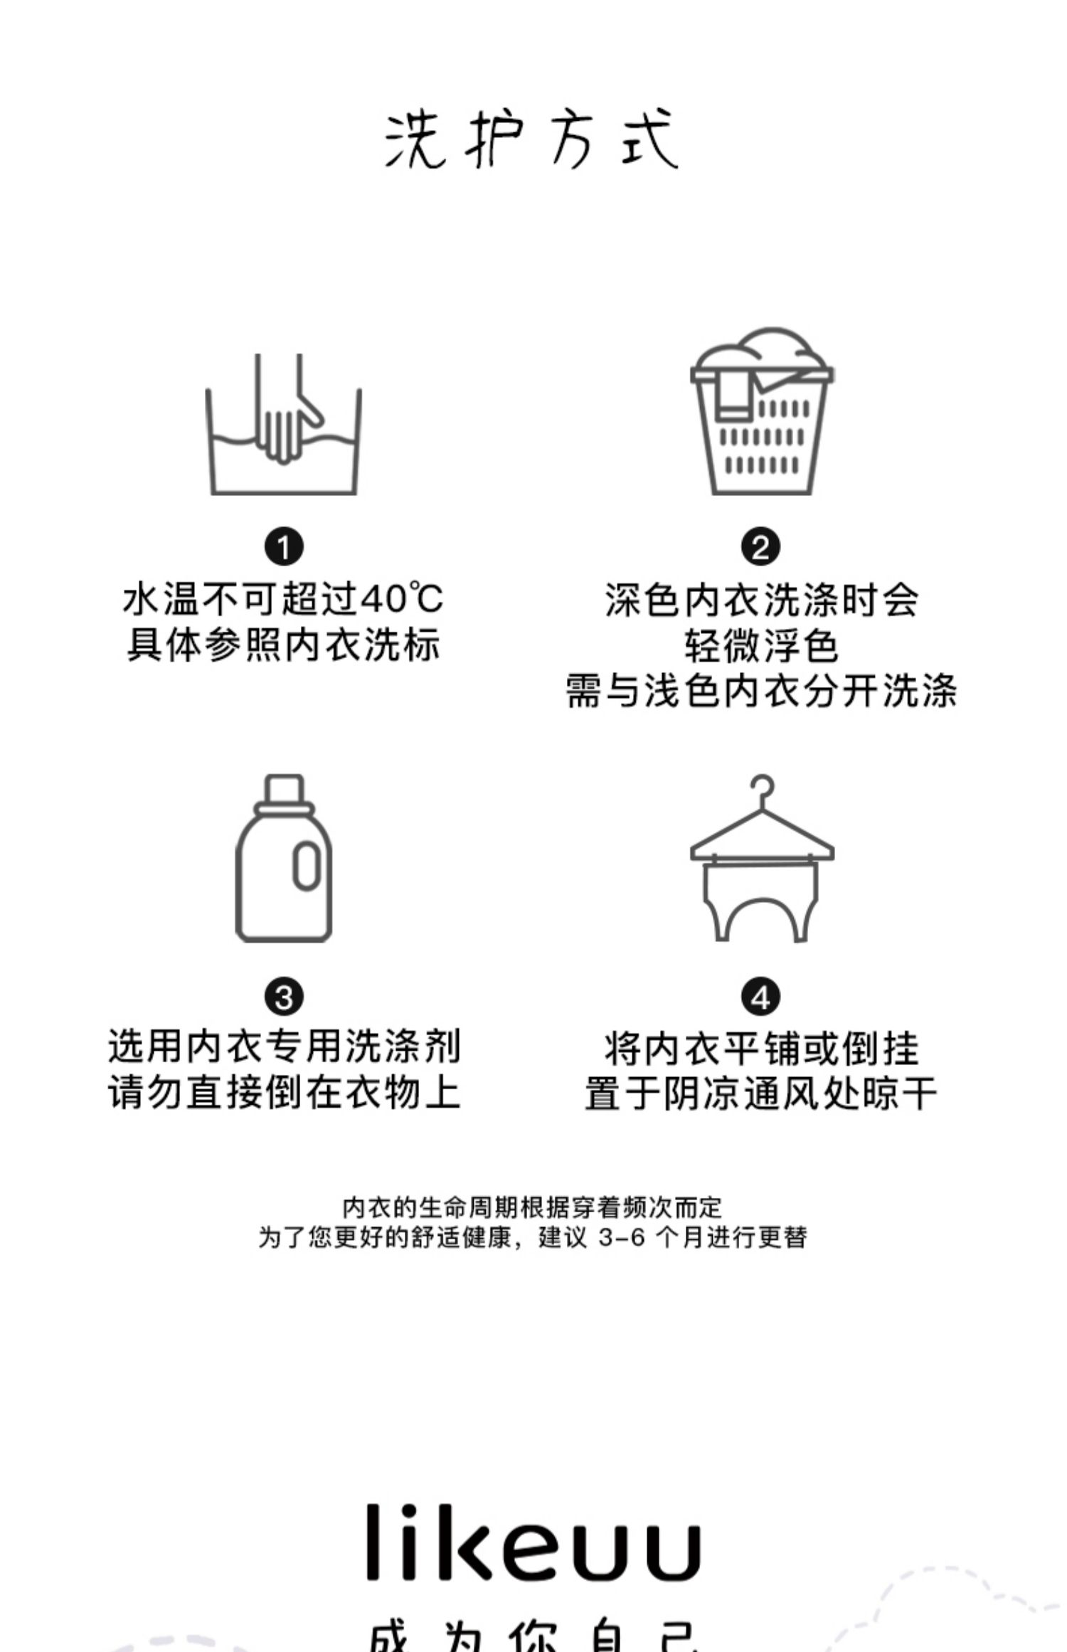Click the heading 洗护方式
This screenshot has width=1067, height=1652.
(x=532, y=139)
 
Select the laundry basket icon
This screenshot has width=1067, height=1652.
(x=761, y=413)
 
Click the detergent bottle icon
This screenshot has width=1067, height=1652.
(x=284, y=859)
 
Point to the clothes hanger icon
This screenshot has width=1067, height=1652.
(x=761, y=859)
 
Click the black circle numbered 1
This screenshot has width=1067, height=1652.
(x=284, y=547)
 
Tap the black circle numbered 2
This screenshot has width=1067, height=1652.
(x=760, y=547)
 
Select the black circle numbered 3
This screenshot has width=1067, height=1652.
(x=284, y=997)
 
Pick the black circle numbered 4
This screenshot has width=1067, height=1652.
(x=760, y=997)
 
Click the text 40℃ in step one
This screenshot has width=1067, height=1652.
(x=402, y=599)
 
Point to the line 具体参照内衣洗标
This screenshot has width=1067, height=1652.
(x=284, y=645)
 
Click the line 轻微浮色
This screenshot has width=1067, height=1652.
(x=760, y=646)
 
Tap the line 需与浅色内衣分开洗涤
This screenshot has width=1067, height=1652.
(x=760, y=691)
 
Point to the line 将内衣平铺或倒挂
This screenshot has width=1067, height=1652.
(x=760, y=1049)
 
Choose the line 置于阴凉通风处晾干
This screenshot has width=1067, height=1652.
(x=760, y=1094)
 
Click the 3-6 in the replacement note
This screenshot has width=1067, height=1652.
(x=621, y=1238)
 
